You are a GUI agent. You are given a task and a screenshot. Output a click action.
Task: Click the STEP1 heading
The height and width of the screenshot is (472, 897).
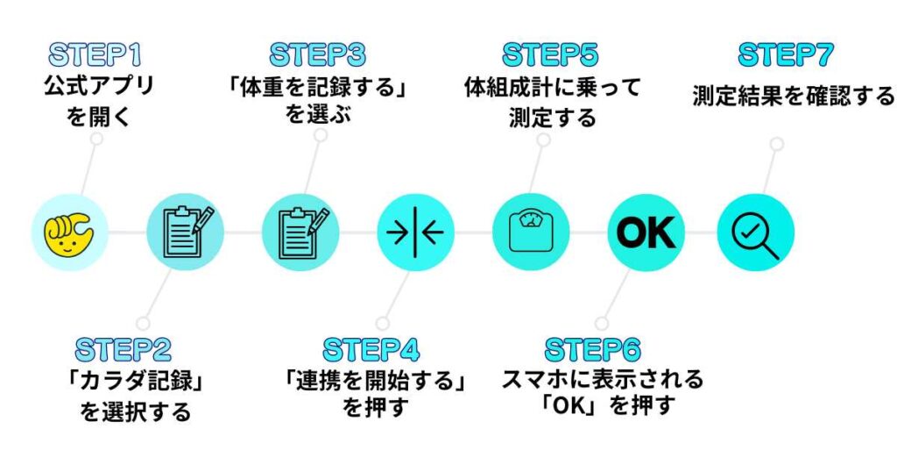click(95, 54)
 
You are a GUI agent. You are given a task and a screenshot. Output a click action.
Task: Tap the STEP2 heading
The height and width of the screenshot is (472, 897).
click(123, 349)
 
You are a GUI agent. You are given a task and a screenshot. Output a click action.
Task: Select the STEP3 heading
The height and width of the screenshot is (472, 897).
click(317, 54)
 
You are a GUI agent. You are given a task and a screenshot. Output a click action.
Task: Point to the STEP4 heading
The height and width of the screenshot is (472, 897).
click(371, 349)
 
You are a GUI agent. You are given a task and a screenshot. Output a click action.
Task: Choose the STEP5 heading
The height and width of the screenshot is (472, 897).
click(550, 54)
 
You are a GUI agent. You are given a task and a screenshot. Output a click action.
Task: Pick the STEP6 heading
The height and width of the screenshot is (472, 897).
click(593, 349)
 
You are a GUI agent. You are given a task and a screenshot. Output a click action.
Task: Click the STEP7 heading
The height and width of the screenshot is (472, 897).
click(785, 54)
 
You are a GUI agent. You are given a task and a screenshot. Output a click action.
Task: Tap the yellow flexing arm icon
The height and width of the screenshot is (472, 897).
click(70, 232)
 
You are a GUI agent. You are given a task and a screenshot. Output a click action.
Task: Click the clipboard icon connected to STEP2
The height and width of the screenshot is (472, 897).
click(185, 232)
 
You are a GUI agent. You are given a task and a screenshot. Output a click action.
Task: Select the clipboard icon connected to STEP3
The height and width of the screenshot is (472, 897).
click(300, 232)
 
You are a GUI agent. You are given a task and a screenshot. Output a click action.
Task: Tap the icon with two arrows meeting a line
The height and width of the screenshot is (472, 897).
click(415, 232)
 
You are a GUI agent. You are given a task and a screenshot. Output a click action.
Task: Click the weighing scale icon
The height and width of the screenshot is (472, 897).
click(531, 232)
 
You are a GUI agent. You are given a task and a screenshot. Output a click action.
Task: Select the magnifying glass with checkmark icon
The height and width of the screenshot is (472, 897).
click(755, 232)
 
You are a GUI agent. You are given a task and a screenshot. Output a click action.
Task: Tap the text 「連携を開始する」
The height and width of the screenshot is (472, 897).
click(374, 383)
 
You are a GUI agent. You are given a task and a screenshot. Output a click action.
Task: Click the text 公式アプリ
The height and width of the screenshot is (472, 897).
click(98, 86)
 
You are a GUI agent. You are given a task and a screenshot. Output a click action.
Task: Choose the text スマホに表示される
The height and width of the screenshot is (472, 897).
click(603, 379)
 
